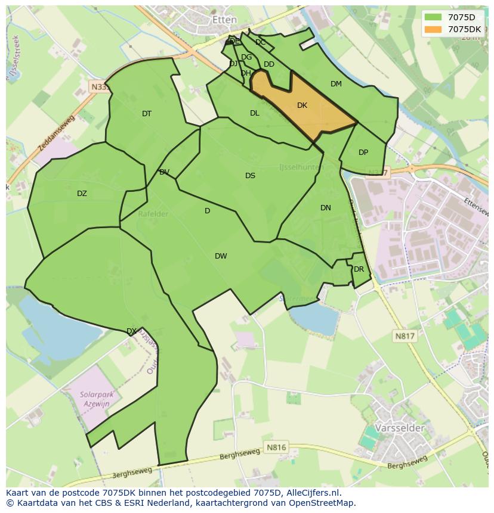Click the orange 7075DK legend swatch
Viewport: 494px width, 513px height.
point(434,29)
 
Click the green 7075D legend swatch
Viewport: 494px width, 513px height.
point(434,17)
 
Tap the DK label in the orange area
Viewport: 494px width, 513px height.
point(302,105)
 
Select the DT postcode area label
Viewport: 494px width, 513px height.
point(147,114)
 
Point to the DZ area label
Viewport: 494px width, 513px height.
point(82,194)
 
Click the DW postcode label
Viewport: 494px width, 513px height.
point(221,256)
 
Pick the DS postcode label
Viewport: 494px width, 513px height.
point(250,176)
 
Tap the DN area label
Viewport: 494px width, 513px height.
point(325,208)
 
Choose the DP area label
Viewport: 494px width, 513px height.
point(363,153)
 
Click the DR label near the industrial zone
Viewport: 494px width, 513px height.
point(359,269)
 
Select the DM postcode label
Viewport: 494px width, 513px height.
point(336,84)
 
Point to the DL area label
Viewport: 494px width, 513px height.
point(255,113)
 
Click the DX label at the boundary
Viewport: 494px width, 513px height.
point(131,331)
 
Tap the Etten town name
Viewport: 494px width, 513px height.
point(224,20)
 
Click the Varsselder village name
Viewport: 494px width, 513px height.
point(400,428)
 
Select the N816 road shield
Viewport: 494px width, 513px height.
point(276,447)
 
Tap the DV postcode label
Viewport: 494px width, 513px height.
point(164,172)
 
